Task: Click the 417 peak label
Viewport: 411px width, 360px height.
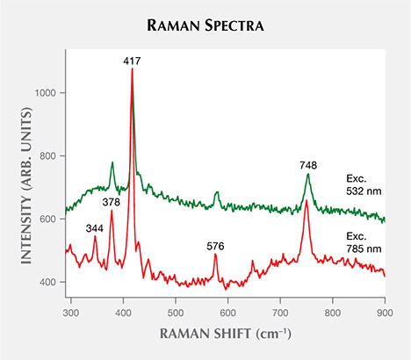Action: tap(132, 61)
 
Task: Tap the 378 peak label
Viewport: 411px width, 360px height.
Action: tap(111, 202)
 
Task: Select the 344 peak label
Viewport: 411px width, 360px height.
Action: tap(94, 228)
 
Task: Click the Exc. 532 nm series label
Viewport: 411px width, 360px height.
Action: tap(362, 184)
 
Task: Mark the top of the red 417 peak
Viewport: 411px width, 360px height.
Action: tap(132, 69)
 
